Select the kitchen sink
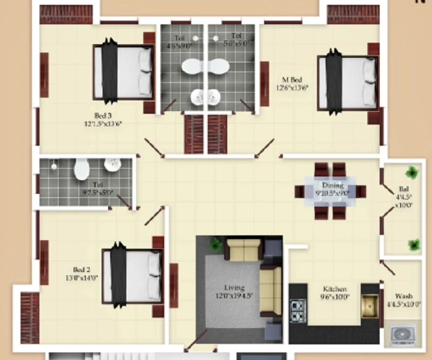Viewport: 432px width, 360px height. pos(369,306)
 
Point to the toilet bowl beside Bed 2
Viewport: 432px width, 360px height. pos(82,169)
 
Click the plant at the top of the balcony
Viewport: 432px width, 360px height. pos(412,173)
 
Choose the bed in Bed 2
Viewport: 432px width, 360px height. pos(133,276)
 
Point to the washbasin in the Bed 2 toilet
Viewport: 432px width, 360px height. pos(112,166)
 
